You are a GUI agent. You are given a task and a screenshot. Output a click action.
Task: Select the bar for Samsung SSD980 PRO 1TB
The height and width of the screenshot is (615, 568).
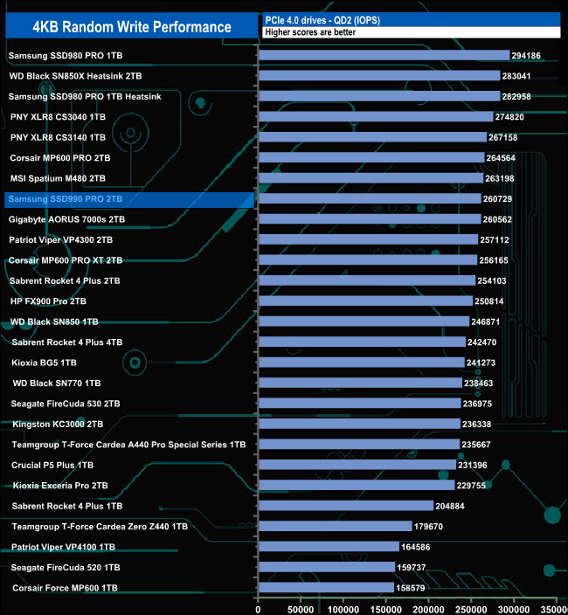pyautogui.click(x=384, y=55)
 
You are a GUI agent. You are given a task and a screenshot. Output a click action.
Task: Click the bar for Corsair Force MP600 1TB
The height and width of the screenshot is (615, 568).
pyautogui.click(x=326, y=588)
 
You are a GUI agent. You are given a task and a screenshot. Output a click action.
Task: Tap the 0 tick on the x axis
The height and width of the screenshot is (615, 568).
pyautogui.click(x=258, y=605)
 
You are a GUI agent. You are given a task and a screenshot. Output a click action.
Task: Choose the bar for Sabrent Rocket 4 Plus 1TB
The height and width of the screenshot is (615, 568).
pyautogui.click(x=345, y=506)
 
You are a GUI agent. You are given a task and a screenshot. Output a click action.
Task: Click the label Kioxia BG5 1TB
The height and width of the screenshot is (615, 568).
pyautogui.click(x=45, y=363)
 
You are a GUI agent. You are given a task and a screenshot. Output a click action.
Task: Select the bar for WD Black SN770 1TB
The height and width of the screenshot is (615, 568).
pyautogui.click(x=360, y=383)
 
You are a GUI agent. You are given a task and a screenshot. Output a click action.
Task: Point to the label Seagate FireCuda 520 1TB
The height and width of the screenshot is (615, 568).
pyautogui.click(x=63, y=568)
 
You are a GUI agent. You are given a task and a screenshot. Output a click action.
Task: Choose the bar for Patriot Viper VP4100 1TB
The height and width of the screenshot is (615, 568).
pyautogui.click(x=328, y=547)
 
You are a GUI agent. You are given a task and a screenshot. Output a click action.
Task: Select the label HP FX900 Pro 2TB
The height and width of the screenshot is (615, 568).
pyautogui.click(x=48, y=301)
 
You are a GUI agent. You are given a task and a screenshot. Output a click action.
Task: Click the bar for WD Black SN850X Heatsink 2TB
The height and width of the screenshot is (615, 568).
pyautogui.click(x=379, y=76)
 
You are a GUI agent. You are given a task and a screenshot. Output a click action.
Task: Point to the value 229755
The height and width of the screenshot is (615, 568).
pyautogui.click(x=473, y=486)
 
